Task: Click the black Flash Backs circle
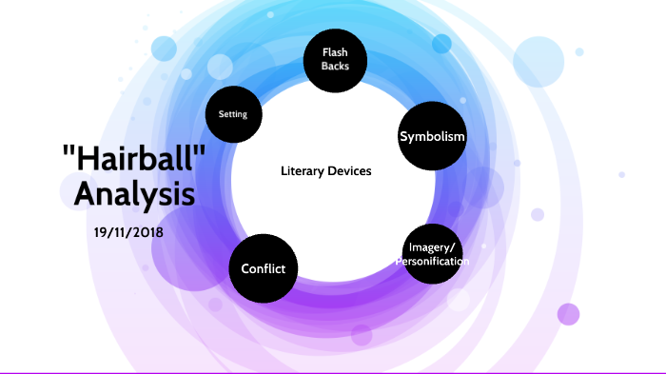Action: click(335, 60)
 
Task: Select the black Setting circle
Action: click(233, 115)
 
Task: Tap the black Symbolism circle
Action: click(432, 137)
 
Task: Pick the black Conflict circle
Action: click(263, 267)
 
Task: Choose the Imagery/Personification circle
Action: click(433, 253)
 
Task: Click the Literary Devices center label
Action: click(326, 171)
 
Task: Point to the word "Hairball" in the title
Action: click(134, 161)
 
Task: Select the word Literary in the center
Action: click(303, 171)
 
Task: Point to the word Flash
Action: click(335, 52)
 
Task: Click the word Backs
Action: click(335, 67)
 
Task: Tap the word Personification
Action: click(433, 261)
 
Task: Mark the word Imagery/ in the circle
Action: click(433, 247)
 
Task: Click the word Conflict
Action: click(263, 268)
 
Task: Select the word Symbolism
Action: click(432, 137)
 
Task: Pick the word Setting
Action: click(233, 115)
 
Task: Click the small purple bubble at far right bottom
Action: click(568, 314)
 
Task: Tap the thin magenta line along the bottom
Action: click(333, 372)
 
